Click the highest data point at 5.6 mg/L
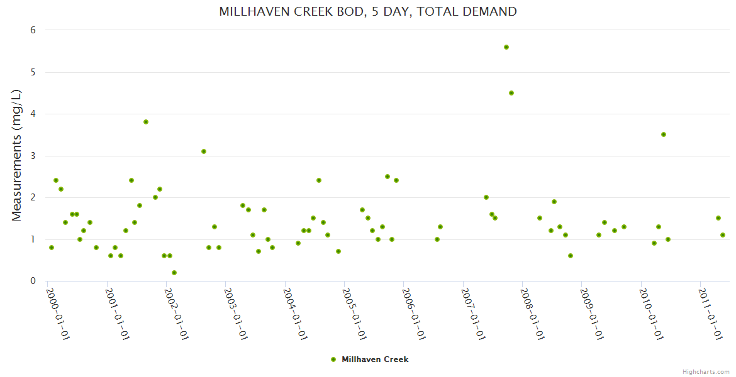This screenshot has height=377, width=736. [506, 47]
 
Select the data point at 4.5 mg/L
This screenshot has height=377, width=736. [511, 93]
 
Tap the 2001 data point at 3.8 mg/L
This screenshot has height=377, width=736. [146, 122]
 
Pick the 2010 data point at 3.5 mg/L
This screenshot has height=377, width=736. [664, 134]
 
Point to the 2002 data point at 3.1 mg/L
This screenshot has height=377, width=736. [204, 151]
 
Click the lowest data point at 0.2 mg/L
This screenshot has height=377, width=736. [174, 273]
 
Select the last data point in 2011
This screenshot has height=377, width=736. [723, 235]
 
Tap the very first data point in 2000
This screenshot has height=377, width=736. [52, 248]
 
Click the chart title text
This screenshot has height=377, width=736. [368, 11]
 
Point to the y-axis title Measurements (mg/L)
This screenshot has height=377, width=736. [17, 155]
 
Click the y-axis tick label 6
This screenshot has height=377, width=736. [33, 30]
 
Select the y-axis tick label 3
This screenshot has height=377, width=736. [33, 156]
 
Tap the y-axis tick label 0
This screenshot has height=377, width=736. [33, 281]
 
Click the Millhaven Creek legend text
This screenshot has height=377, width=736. [375, 359]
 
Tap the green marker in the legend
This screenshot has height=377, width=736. [333, 359]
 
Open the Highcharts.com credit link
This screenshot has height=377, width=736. [706, 371]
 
